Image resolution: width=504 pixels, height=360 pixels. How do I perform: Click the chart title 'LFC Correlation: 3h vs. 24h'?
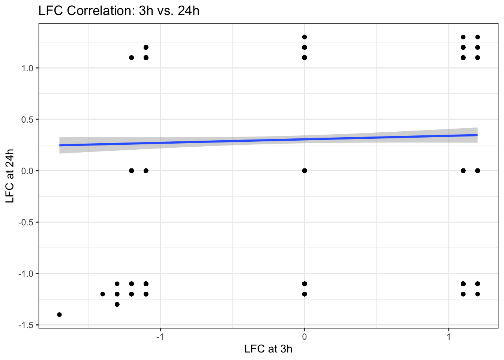pyautogui.click(x=119, y=10)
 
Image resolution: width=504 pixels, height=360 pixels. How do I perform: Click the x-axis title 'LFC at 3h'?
pyautogui.click(x=268, y=349)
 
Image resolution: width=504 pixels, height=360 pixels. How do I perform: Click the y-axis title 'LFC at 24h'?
pyautogui.click(x=10, y=176)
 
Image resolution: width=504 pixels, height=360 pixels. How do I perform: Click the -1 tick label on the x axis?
pyautogui.click(x=160, y=336)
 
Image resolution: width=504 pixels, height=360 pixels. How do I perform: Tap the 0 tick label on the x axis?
pyautogui.click(x=304, y=336)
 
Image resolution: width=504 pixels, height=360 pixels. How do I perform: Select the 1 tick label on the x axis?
pyautogui.click(x=448, y=336)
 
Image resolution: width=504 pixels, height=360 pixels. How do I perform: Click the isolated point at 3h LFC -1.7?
pyautogui.click(x=59, y=315)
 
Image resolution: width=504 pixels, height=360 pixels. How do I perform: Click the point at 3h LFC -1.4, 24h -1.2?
pyautogui.click(x=103, y=294)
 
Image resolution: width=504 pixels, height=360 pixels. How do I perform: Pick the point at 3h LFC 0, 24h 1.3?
pyautogui.click(x=304, y=37)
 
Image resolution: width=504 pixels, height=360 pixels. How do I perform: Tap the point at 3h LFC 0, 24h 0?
pyautogui.click(x=304, y=171)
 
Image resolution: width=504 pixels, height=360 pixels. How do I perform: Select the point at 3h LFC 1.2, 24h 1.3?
pyautogui.click(x=477, y=37)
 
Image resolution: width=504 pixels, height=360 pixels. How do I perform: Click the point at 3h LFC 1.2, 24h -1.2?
pyautogui.click(x=477, y=294)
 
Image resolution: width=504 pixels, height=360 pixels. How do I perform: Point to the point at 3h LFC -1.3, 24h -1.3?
pyautogui.click(x=117, y=304)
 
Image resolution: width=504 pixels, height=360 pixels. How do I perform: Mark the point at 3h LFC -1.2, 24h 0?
pyautogui.click(x=131, y=171)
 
